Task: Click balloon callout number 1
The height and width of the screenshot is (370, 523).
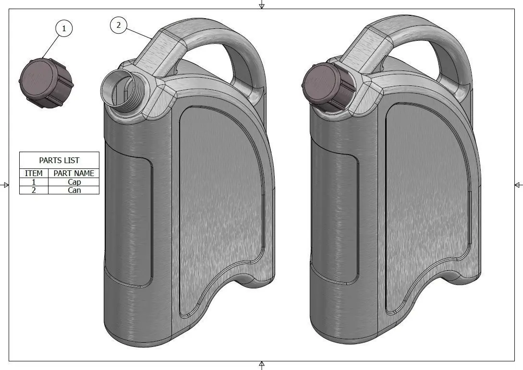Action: tap(64, 28)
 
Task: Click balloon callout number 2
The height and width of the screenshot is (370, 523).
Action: tap(119, 25)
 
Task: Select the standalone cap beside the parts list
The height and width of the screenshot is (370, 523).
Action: tap(46, 83)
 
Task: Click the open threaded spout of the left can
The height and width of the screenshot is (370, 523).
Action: tap(123, 92)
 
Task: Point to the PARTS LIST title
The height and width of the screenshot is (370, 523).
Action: tap(60, 160)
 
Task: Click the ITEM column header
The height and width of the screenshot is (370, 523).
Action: tap(34, 173)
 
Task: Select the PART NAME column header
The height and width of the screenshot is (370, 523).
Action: tap(73, 173)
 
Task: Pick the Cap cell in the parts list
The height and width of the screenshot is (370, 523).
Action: tap(74, 182)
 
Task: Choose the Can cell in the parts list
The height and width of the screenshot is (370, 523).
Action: tap(74, 190)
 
